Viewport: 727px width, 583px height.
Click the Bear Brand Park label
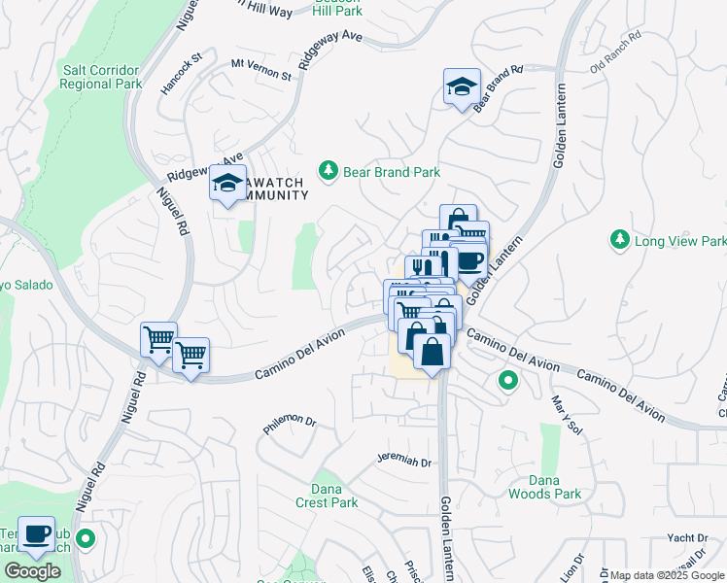tap(391, 171)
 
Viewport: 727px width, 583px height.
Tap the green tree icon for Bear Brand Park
tap(329, 171)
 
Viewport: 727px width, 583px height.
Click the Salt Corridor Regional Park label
tap(101, 77)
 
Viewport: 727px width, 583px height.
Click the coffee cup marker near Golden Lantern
tap(471, 261)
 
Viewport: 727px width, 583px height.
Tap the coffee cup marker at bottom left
tap(37, 534)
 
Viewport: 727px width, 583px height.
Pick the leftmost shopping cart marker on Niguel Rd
tap(158, 340)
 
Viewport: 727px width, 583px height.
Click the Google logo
tap(32, 572)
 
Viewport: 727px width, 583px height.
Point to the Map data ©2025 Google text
tap(666, 575)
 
